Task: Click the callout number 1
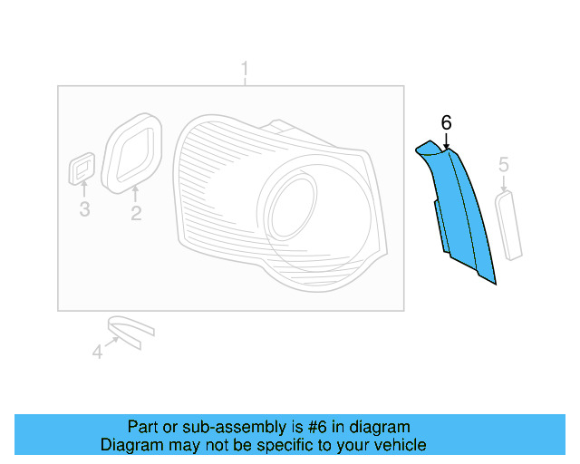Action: (x=244, y=68)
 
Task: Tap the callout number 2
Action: (x=136, y=214)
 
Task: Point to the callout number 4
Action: (x=97, y=352)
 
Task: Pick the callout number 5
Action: (x=504, y=164)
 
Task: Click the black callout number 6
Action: (x=446, y=122)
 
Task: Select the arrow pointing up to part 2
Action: (x=136, y=194)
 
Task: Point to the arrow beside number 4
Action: (x=113, y=343)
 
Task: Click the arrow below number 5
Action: (x=504, y=181)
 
